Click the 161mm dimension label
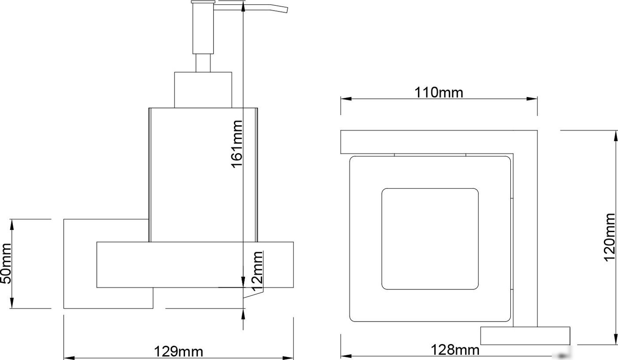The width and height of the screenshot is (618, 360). coord(237,144)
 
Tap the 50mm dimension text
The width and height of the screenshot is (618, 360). coord(6,263)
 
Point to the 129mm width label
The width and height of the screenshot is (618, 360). coord(178,352)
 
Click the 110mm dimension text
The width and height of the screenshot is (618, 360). coord(439,92)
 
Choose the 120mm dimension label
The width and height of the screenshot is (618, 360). coord(609,237)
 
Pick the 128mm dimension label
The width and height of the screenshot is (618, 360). coord(455,350)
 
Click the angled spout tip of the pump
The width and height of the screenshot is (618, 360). coord(287,10)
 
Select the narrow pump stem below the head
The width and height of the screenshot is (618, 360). coord(203,63)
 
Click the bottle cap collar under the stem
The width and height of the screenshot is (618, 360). coord(203,90)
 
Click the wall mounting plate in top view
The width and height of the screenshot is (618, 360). coord(525,336)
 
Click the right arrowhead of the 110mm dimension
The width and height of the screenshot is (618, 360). coord(532,99)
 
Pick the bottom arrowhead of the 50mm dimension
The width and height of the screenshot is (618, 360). coord(11,303)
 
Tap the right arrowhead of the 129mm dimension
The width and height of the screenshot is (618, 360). coord(288,358)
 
